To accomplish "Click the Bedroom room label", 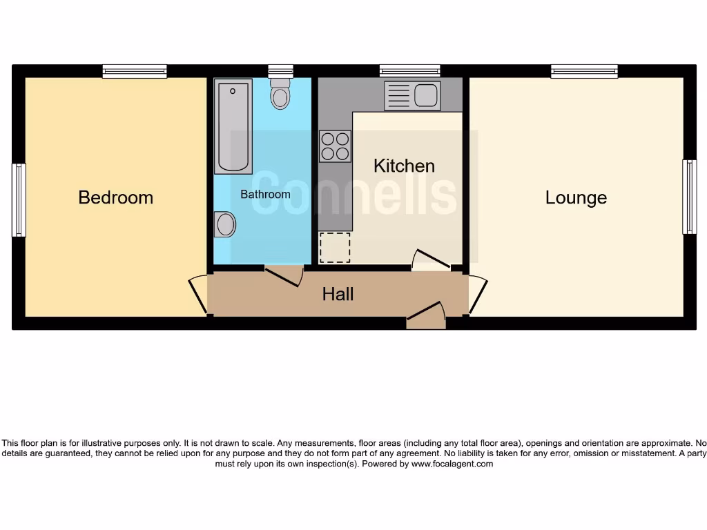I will click(115, 197).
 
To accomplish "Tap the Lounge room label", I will click(576, 197).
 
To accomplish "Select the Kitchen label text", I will click(404, 166).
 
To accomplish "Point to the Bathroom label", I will click(265, 195).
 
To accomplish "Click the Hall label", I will click(338, 294).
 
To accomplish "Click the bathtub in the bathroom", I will click(233, 126).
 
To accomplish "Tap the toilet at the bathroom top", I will click(280, 94).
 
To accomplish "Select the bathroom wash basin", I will click(224, 224).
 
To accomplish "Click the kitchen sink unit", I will click(411, 96).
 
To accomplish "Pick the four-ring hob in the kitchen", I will click(335, 146).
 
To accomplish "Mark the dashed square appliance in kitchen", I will click(335, 247).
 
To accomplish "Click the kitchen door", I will click(431, 260).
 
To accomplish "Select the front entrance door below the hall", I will click(426, 316).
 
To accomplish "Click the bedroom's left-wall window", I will click(19, 200).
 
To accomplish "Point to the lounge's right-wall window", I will click(689, 197).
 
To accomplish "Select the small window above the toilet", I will click(280, 70).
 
